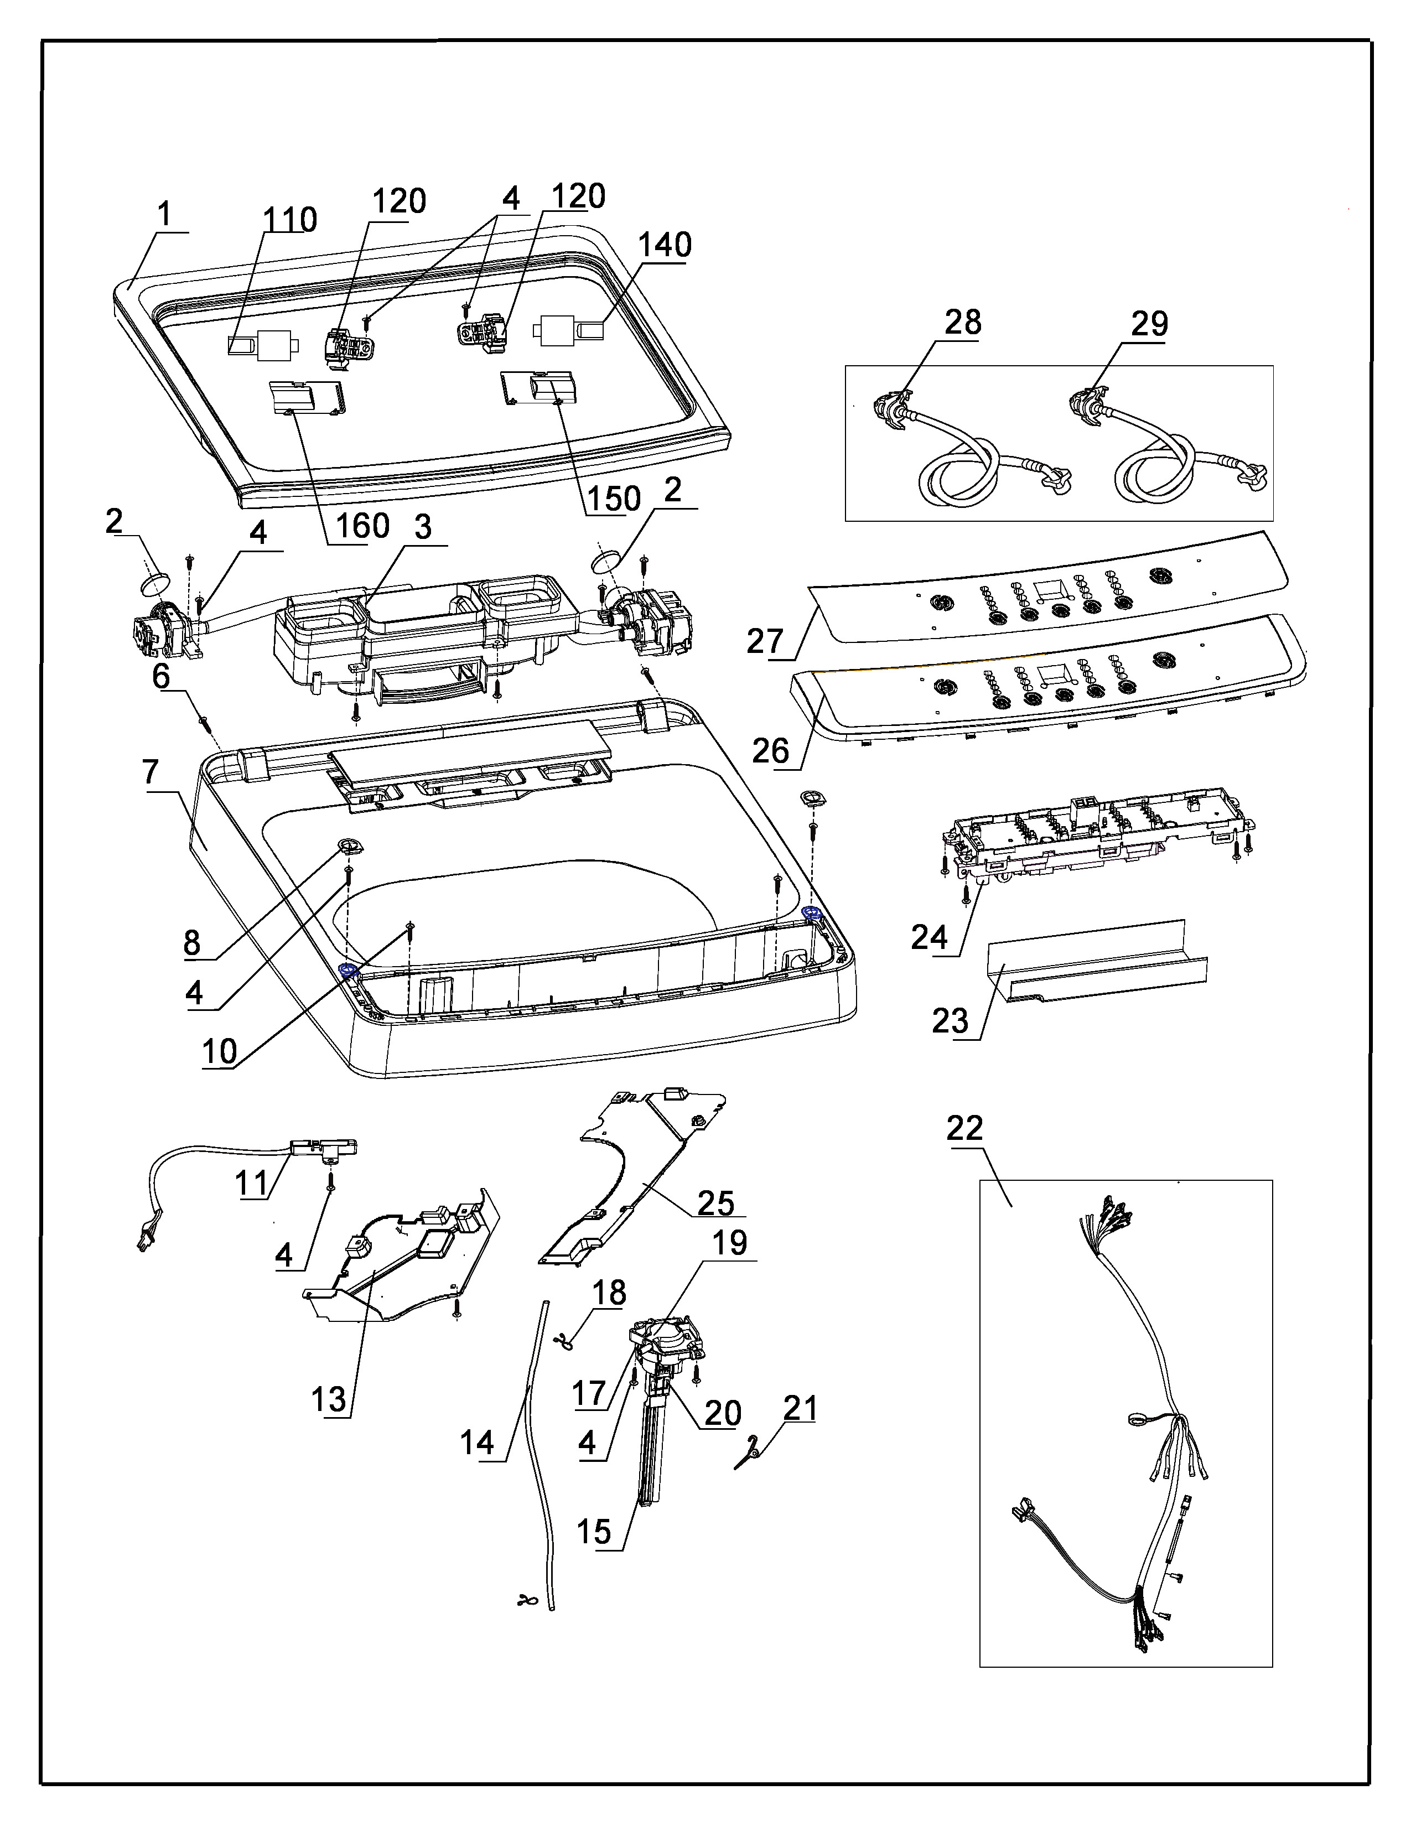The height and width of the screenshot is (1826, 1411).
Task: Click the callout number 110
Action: (x=290, y=220)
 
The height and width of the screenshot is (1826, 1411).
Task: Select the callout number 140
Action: (x=665, y=245)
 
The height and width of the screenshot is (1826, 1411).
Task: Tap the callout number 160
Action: (x=363, y=526)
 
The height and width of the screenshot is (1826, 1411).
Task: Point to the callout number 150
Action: (x=614, y=499)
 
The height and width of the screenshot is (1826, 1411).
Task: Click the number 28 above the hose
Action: (x=963, y=322)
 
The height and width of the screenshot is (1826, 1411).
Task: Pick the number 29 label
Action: (x=1149, y=324)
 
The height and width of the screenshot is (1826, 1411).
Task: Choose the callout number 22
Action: (x=964, y=1129)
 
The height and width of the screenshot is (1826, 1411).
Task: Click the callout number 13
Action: (x=329, y=1399)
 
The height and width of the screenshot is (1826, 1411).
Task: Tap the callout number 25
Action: (x=715, y=1203)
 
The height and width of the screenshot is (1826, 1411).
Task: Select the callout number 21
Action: (x=800, y=1408)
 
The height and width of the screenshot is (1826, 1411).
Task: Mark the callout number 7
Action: (x=151, y=772)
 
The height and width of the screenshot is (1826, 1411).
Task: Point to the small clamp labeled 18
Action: (x=564, y=1342)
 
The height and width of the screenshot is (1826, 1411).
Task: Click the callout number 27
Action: (x=765, y=641)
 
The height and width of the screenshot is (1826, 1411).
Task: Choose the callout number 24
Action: (x=930, y=937)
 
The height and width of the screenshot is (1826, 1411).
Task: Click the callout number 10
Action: (x=220, y=1051)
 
